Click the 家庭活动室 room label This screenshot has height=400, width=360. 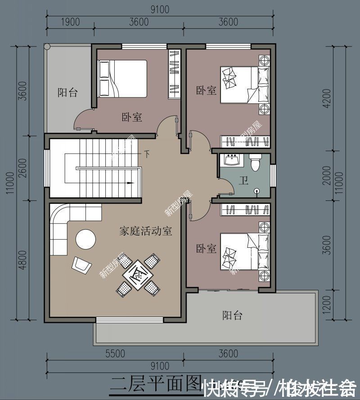click(145, 232)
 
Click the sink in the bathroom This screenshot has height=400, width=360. click(233, 160)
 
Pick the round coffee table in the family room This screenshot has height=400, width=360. click(85, 239)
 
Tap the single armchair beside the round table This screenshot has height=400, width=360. click(81, 264)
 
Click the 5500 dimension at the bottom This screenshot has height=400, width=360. click(115, 354)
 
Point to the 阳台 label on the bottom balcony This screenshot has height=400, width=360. click(232, 315)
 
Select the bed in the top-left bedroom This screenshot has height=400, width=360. click(122, 78)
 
